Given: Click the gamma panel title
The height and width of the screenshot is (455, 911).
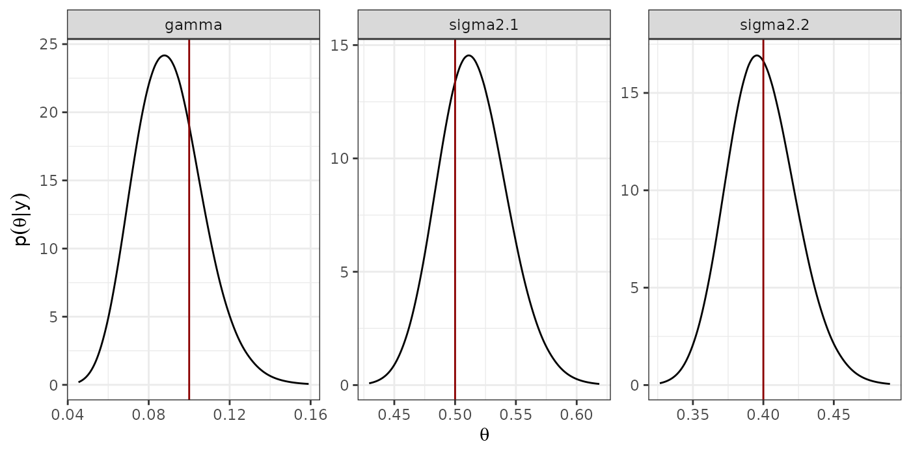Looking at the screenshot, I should tap(193, 25).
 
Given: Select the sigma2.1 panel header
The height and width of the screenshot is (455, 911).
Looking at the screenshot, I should tap(483, 25).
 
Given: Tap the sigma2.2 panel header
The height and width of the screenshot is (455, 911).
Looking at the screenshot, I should tap(774, 25).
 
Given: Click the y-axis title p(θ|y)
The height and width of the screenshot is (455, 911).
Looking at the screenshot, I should tap(22, 219).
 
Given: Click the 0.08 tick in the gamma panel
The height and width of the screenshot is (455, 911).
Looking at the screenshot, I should tap(148, 414).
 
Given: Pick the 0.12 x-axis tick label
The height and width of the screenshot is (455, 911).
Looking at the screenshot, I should tap(229, 414).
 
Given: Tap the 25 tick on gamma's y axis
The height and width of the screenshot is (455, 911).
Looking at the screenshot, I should tap(52, 44).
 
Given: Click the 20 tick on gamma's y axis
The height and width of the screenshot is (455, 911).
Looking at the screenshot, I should tap(52, 112).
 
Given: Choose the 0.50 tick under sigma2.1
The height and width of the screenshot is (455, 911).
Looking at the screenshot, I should tap(455, 414).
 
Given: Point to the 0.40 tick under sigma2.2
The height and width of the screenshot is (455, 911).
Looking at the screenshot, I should tap(763, 414).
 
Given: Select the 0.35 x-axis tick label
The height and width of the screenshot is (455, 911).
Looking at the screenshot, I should tap(693, 414).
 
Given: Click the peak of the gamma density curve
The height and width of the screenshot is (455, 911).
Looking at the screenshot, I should tap(165, 55).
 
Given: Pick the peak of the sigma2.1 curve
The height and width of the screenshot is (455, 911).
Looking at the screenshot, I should tap(468, 55).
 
